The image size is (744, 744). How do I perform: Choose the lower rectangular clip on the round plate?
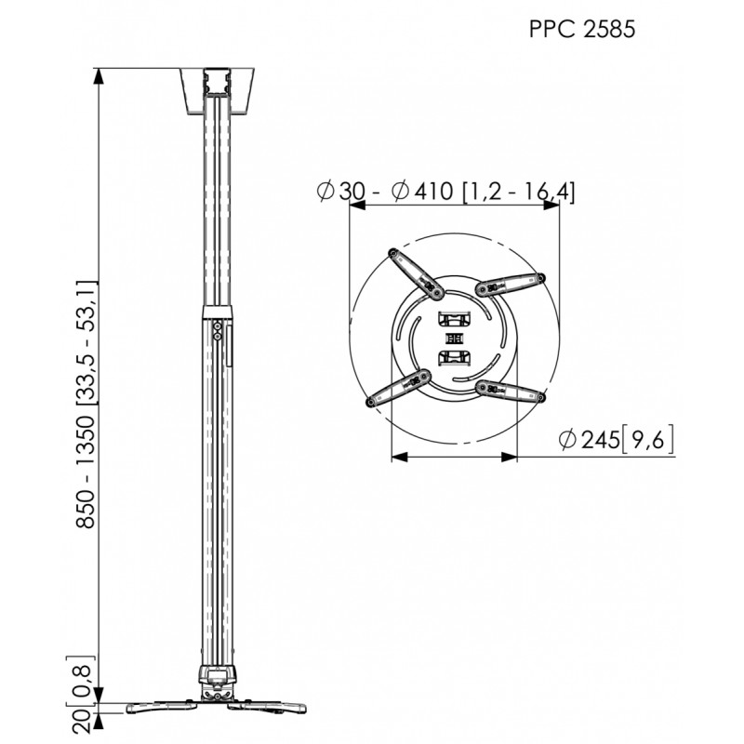pyautogui.click(x=455, y=357)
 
